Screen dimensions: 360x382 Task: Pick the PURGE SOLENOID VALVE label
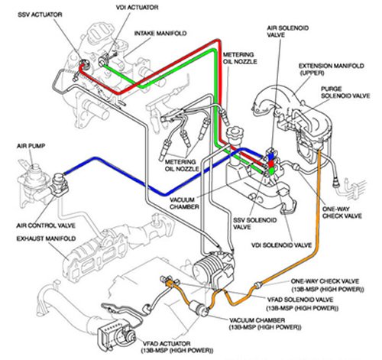click(343, 93)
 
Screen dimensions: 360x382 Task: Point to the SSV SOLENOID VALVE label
click(248, 224)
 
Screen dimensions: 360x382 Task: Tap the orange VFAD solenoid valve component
click(163, 284)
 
